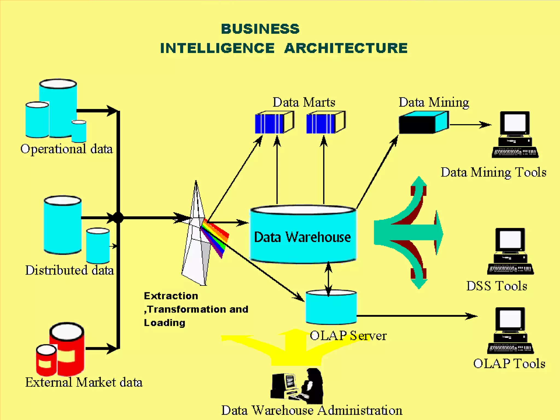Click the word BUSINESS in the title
pos(260,29)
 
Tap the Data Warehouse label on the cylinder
pos(302,237)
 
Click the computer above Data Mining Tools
pos(515,134)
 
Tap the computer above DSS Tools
pos(510,251)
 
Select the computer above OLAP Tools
pos(510,330)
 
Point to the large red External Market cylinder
pos(67,349)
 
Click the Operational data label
pos(66,149)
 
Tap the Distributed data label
pos(69,270)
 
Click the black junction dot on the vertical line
pos(118,218)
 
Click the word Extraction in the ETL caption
pos(171,296)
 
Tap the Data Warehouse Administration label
pos(312,410)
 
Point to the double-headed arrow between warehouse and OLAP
pos(328,279)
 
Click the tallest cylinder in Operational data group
pos(58,108)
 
